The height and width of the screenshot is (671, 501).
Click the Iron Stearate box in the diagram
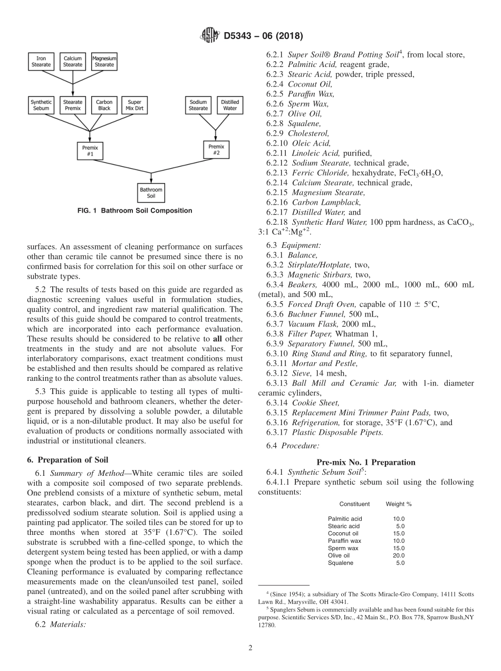click(x=41, y=62)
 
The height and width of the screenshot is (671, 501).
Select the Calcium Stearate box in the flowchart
click(x=73, y=62)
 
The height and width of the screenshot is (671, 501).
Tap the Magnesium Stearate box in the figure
click(x=104, y=62)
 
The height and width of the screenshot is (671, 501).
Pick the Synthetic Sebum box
click(x=41, y=106)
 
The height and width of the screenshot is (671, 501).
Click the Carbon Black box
click(x=104, y=106)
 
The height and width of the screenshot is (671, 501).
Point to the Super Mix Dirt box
click(x=134, y=106)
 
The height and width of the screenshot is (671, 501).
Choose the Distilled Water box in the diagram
click(x=230, y=106)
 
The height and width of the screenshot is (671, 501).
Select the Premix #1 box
click(x=88, y=150)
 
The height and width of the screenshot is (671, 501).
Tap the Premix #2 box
click(x=216, y=150)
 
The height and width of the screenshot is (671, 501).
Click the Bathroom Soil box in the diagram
click(x=151, y=193)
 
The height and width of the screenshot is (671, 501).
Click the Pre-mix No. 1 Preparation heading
click(x=365, y=463)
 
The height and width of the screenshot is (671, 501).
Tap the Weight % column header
click(x=399, y=504)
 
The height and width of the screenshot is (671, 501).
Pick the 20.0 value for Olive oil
click(x=399, y=555)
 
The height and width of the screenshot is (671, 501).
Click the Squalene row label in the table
click(x=339, y=563)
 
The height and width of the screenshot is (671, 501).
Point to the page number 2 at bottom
click(x=250, y=648)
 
